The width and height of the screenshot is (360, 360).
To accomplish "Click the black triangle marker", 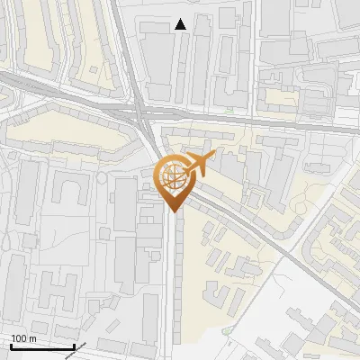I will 181,24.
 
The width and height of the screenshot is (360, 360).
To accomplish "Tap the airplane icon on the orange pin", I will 201,163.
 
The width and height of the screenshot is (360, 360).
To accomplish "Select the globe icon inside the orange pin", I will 174,176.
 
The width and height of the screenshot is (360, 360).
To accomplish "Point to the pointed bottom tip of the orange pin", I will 174,211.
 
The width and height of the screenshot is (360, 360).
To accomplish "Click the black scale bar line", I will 42,346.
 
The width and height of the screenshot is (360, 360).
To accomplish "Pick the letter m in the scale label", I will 31,338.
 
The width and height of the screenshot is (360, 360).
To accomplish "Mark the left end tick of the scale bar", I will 11,346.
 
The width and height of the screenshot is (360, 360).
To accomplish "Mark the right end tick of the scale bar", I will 74,346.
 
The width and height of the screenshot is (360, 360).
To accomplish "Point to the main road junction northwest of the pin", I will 142,112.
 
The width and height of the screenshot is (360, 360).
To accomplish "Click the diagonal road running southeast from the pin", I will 243,225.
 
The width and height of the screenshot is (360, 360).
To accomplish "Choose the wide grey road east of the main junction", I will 270,121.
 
